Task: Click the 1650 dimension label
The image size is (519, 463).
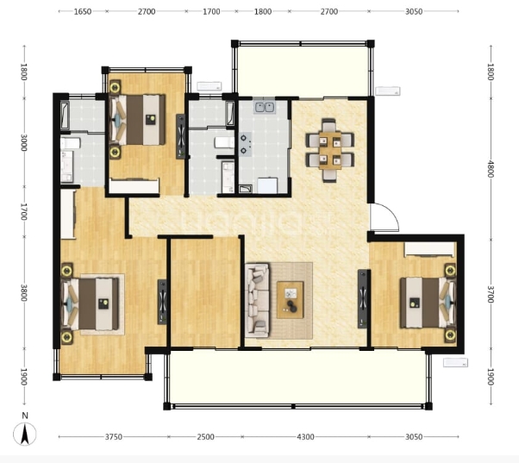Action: coord(83,11)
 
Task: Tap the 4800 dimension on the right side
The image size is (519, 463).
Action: coord(491,169)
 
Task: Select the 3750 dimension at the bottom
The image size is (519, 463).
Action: coord(114,437)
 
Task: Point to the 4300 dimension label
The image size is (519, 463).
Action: coord(305,437)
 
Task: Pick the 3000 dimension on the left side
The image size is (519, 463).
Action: coord(23,142)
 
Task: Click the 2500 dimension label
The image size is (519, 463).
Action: coord(205,437)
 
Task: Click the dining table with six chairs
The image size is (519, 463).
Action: coord(329,150)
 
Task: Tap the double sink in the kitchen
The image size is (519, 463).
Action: coord(265,107)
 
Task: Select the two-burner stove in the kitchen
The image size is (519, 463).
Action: coord(245,144)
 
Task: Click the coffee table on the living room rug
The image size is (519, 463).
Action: coord(290,300)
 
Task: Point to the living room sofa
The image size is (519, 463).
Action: coord(258,301)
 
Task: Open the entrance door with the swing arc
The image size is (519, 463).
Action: coord(384,217)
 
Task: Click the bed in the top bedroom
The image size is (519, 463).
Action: coord(137,120)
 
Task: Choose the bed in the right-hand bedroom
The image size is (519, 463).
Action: coord(428,303)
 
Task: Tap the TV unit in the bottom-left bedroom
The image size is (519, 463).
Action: coord(162,302)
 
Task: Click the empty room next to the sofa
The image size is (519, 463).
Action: coord(205,292)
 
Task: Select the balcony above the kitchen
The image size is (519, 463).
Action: coord(303,71)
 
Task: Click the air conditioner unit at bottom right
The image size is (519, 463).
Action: coord(455,363)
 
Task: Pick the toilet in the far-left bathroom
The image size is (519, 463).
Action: coord(71,143)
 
